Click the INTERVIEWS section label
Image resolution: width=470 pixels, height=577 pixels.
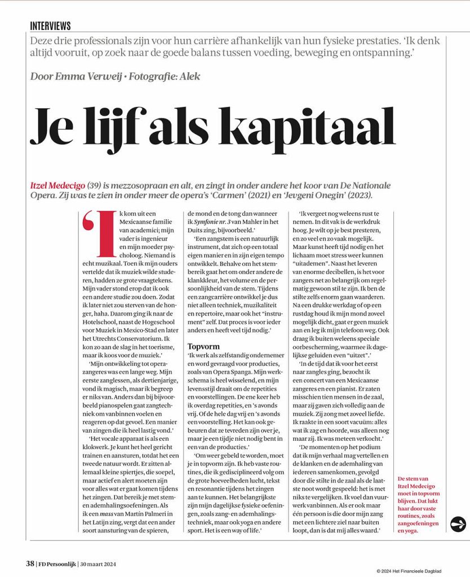(x=50, y=26)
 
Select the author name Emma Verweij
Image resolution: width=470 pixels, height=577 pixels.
(x=85, y=76)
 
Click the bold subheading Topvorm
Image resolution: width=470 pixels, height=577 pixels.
(x=203, y=347)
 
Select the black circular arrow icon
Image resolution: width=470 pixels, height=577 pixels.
(x=458, y=524)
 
